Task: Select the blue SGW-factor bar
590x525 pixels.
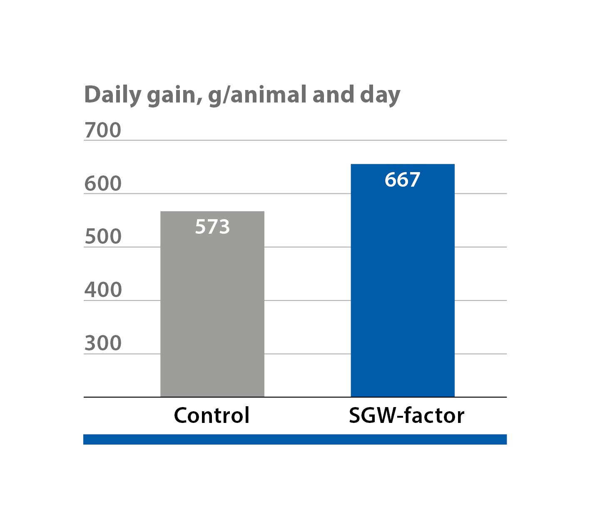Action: click(x=402, y=292)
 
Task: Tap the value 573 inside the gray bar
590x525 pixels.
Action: click(x=212, y=227)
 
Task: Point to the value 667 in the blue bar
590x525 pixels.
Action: click(x=402, y=180)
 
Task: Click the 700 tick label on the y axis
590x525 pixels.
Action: click(x=103, y=130)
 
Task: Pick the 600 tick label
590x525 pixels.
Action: click(x=103, y=184)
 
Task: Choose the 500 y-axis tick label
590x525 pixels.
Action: click(x=103, y=237)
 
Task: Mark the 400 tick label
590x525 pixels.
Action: click(x=103, y=290)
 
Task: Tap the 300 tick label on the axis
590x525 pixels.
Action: click(x=103, y=343)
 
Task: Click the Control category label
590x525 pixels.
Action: click(x=212, y=415)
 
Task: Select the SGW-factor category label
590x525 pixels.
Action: click(x=406, y=415)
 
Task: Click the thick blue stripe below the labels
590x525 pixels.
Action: click(x=295, y=439)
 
